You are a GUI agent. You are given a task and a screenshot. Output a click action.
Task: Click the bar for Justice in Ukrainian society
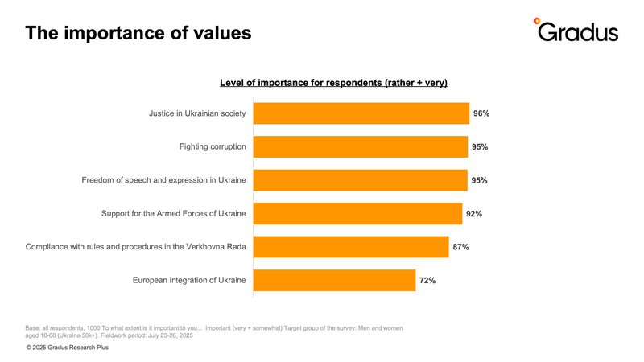(361, 113)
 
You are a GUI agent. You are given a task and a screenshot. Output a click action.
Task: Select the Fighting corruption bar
(360, 147)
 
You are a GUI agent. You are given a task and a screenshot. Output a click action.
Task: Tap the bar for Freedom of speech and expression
(360, 180)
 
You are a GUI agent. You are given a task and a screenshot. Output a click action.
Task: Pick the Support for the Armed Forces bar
(357, 214)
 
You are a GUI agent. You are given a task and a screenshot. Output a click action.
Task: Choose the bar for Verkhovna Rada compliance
(350, 247)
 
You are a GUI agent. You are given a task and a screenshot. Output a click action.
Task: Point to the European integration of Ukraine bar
(334, 280)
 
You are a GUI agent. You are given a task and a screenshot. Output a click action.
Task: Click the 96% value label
(481, 113)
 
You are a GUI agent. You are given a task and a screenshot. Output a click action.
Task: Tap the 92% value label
(473, 214)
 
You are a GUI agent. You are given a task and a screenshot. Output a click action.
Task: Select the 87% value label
(460, 247)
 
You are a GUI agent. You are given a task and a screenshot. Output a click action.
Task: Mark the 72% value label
(427, 280)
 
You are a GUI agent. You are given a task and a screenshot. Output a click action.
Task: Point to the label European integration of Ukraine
(189, 280)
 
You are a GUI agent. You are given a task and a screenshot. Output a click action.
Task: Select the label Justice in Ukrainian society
(197, 113)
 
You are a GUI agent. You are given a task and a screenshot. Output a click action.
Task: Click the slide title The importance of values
(138, 33)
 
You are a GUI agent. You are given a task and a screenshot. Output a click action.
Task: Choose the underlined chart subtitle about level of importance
(333, 83)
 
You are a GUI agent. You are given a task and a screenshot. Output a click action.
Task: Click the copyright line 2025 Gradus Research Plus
(67, 348)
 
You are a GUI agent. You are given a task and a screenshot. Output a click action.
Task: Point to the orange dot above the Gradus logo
(537, 21)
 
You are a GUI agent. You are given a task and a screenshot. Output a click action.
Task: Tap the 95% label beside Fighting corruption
(480, 147)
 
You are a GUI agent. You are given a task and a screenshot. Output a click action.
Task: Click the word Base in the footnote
(34, 327)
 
